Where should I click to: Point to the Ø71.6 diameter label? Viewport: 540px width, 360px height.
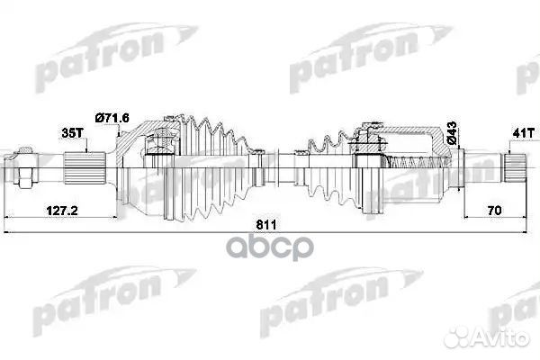point(114,118)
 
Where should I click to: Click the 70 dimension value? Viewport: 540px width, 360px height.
point(494,212)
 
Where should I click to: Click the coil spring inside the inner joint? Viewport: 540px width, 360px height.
point(414,163)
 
